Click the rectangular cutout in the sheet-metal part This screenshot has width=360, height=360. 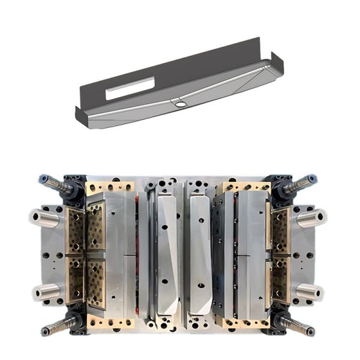[130, 89]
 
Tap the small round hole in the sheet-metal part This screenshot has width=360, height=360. [179, 104]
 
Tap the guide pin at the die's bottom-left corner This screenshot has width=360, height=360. [58, 327]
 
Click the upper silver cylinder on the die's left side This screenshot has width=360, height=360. [46, 217]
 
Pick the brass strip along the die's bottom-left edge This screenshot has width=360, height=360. [110, 322]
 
